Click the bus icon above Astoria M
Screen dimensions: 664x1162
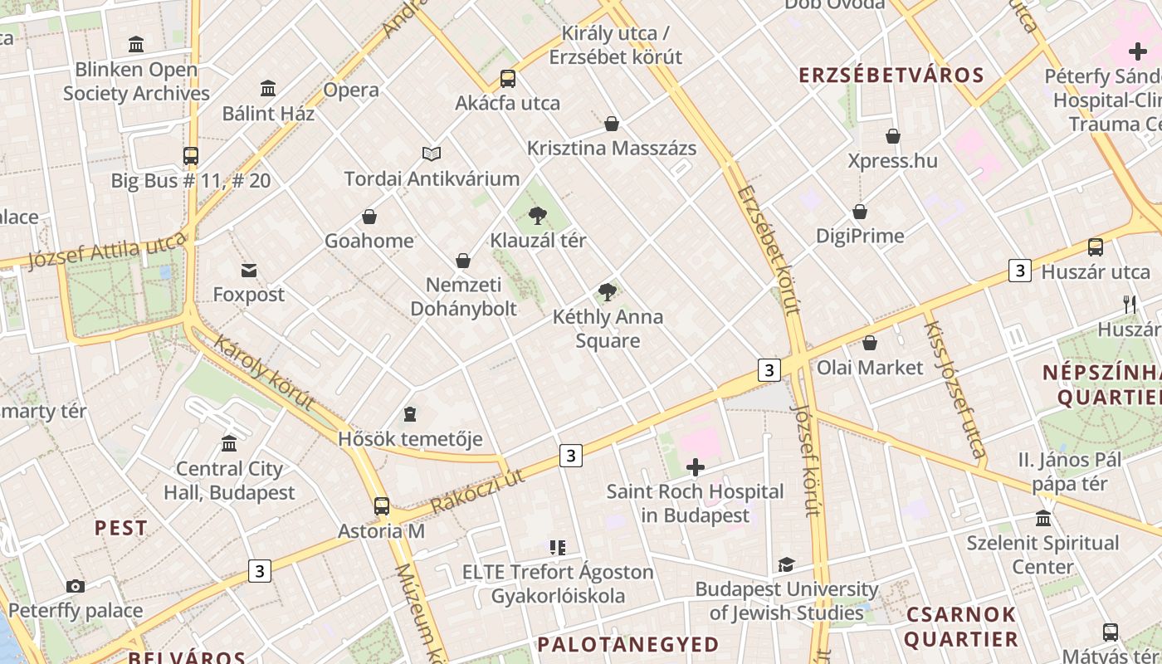[382, 505]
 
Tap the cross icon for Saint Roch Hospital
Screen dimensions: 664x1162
[696, 468]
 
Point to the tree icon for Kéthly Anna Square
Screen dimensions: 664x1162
[608, 292]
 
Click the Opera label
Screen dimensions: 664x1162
[351, 90]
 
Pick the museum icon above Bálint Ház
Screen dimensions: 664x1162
[268, 88]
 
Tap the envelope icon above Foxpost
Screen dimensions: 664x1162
[249, 270]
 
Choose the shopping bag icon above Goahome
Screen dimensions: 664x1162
[369, 217]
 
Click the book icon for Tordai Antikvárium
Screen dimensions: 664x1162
[432, 154]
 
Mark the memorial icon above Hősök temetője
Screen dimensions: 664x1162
[410, 413]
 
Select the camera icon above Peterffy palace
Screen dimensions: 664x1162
[76, 587]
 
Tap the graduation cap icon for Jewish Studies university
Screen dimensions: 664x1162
[786, 565]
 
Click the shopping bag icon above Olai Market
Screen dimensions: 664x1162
[870, 343]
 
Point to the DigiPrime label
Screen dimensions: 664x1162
[860, 236]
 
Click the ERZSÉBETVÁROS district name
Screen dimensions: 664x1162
[891, 76]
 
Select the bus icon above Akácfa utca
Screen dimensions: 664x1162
[508, 79]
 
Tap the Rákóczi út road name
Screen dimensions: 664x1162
[477, 491]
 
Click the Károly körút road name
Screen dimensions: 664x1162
[264, 373]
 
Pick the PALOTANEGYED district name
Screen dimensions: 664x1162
[628, 644]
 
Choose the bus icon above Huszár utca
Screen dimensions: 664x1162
[1096, 247]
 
